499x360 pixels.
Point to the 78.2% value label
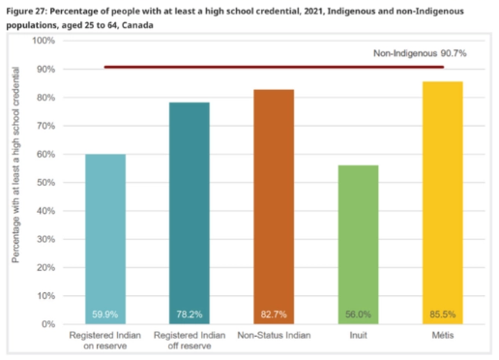(x=189, y=315)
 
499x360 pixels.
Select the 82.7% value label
(x=274, y=315)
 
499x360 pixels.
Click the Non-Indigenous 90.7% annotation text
(x=420, y=54)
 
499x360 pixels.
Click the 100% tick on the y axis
(x=44, y=41)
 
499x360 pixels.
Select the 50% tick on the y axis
(x=45, y=182)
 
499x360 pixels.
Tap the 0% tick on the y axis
(x=48, y=323)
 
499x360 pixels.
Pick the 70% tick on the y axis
(x=45, y=126)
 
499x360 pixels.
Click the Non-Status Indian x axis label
(x=274, y=335)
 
